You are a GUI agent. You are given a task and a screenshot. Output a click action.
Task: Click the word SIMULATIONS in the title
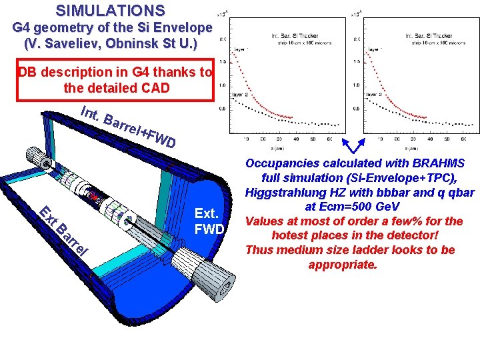coord(110,11)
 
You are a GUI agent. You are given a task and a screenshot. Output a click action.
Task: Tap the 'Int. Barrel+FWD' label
coord(127,127)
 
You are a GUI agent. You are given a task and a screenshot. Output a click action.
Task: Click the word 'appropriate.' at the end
coord(342,265)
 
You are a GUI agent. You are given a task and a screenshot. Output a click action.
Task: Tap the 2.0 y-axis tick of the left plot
coord(223,39)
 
